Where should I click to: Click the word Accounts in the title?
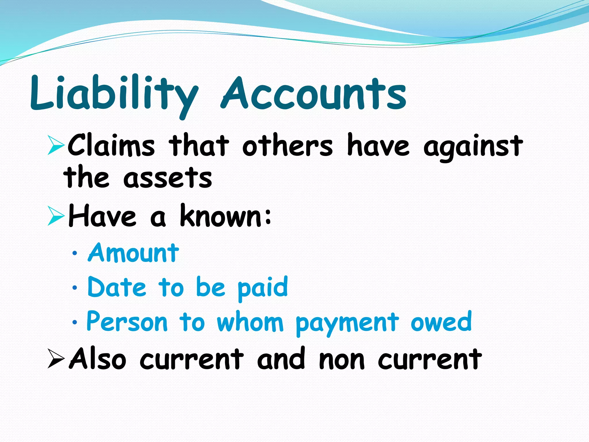point(313,94)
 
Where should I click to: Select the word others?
point(287,145)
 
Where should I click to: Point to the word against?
point(473,147)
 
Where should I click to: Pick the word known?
point(226,216)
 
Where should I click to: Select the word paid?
point(263,288)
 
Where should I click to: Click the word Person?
point(127,322)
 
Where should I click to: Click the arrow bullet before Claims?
point(56,145)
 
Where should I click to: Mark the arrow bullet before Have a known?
point(56,216)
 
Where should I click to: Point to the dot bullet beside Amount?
point(75,253)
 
